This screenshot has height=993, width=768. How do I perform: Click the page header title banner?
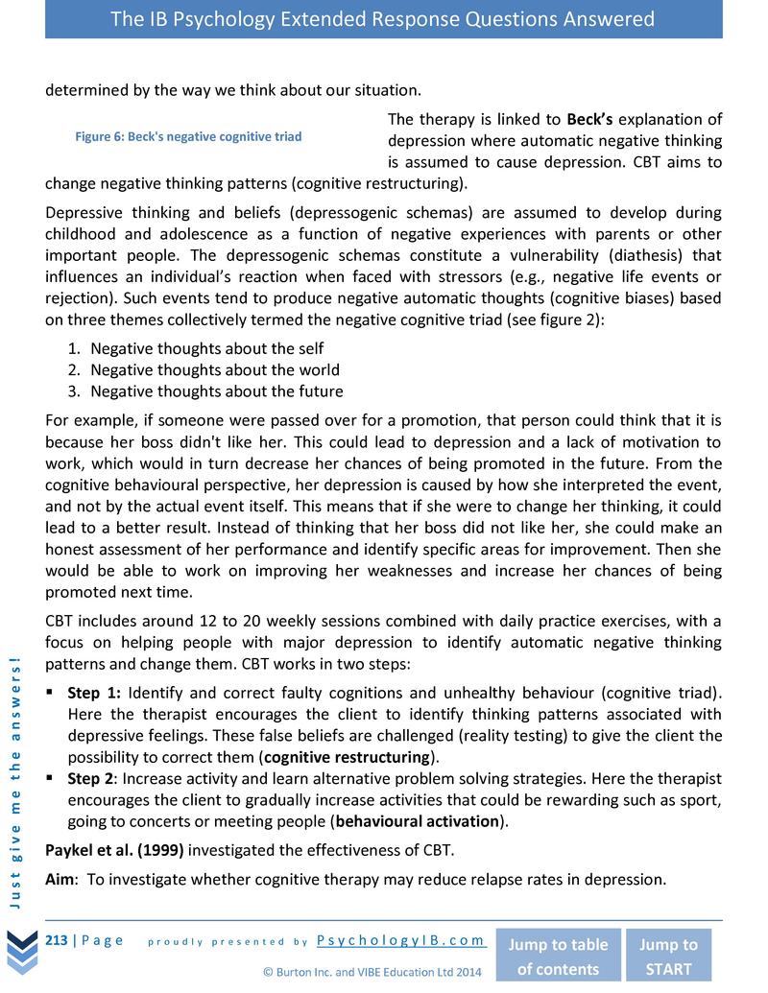click(x=383, y=19)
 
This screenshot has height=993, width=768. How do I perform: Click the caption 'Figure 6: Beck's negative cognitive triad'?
click(x=188, y=136)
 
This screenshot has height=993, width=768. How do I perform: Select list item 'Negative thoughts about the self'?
click(x=206, y=348)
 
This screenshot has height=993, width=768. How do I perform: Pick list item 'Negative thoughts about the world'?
click(x=214, y=369)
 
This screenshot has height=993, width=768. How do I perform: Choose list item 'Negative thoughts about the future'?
click(x=216, y=390)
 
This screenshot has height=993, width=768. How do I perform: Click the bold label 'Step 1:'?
click(x=94, y=692)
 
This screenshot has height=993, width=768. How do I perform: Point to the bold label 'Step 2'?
click(x=92, y=778)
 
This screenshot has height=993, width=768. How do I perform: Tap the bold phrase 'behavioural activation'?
click(x=418, y=821)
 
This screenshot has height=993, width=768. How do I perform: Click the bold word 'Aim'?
click(x=60, y=879)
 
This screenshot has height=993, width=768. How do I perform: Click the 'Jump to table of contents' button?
click(x=557, y=956)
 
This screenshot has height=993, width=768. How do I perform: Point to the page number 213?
click(x=57, y=940)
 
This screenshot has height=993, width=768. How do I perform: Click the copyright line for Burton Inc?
click(x=372, y=972)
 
